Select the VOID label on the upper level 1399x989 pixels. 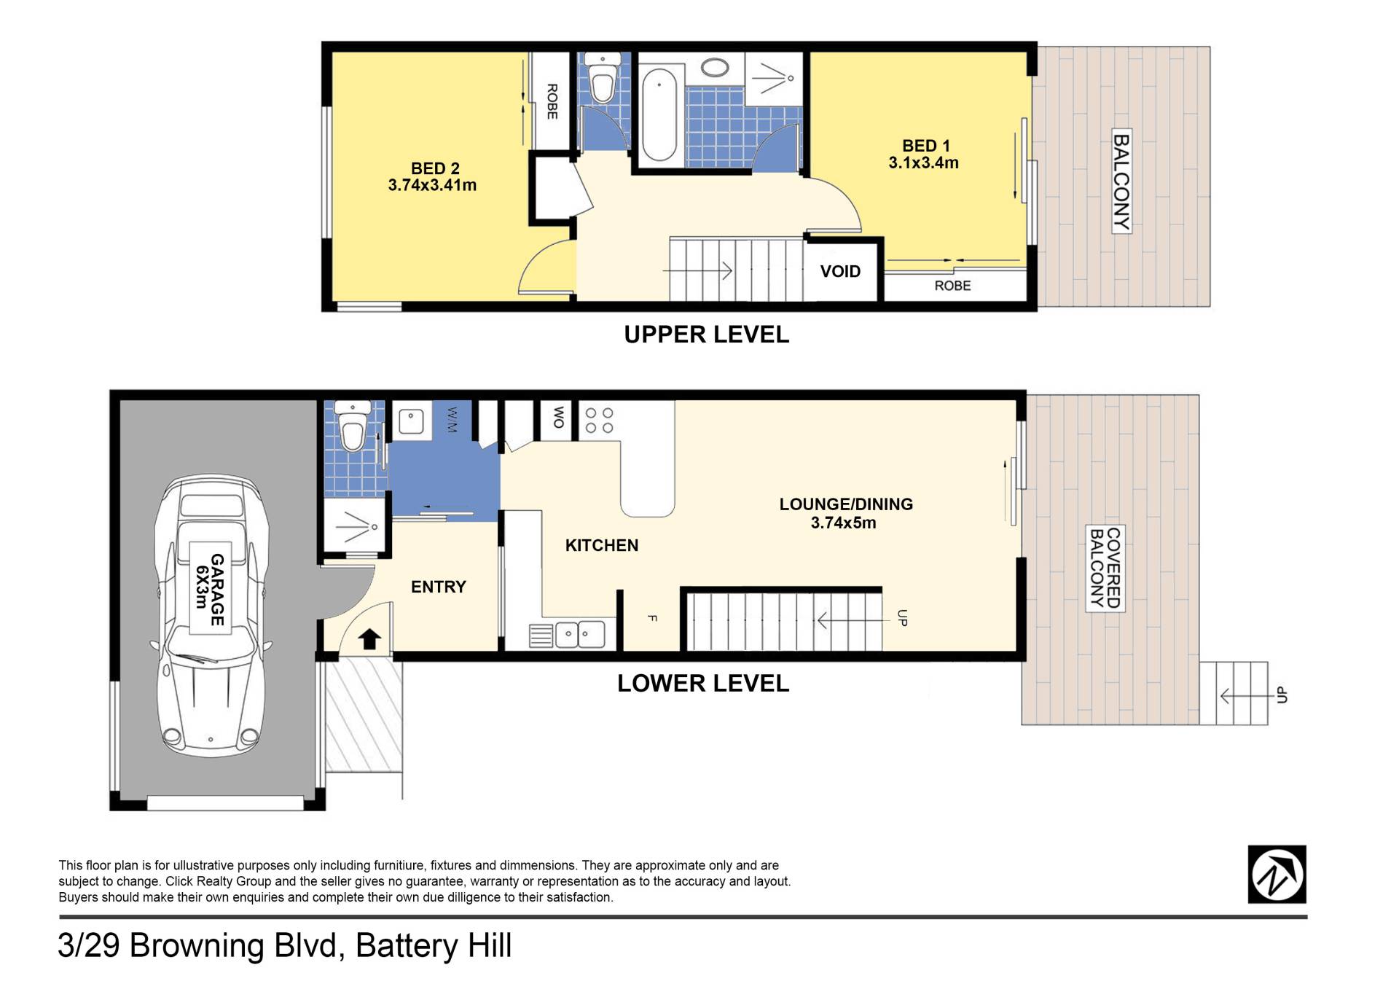(x=841, y=272)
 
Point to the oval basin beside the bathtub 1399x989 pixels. (x=715, y=68)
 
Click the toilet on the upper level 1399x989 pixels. (x=603, y=79)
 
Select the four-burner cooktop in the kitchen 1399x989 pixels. (x=600, y=421)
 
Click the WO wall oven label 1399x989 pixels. (x=559, y=418)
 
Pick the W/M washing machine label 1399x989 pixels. (x=452, y=420)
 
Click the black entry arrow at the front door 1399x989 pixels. (x=369, y=639)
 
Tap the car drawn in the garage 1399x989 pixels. (x=211, y=617)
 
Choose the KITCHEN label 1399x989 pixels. (x=602, y=546)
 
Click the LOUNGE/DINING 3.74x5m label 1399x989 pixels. (x=845, y=514)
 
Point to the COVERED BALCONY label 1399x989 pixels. (x=1105, y=568)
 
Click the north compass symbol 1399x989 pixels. (x=1277, y=875)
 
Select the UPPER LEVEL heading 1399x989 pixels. (x=707, y=335)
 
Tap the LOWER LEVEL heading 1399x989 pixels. (x=703, y=684)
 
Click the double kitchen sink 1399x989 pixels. (x=580, y=634)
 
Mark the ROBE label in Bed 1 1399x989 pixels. (x=952, y=286)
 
